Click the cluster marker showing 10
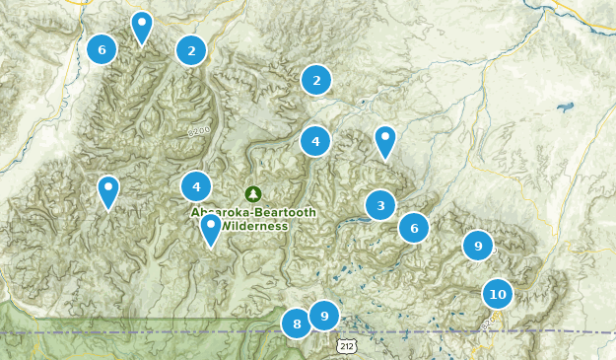pos(498,294)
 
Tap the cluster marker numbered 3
pos(380,205)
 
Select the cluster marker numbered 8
pos(297,323)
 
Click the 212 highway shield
pos(346,346)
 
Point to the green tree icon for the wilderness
pos(253,193)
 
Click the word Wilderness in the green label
pos(254,226)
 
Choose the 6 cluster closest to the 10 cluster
pos(414,228)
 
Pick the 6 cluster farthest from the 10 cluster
pos(102,48)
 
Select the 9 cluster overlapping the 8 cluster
pos(323,316)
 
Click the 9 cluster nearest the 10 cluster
pos(478,246)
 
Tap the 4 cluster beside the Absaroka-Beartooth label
pos(196,185)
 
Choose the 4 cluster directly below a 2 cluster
pos(315,141)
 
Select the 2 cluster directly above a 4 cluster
pos(316,80)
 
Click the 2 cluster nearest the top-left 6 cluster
pos(191,49)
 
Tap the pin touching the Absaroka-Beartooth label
pos(210,228)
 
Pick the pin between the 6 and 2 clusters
pos(142,26)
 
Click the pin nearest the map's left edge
pos(107,190)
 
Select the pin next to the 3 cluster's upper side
pos(385,141)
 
